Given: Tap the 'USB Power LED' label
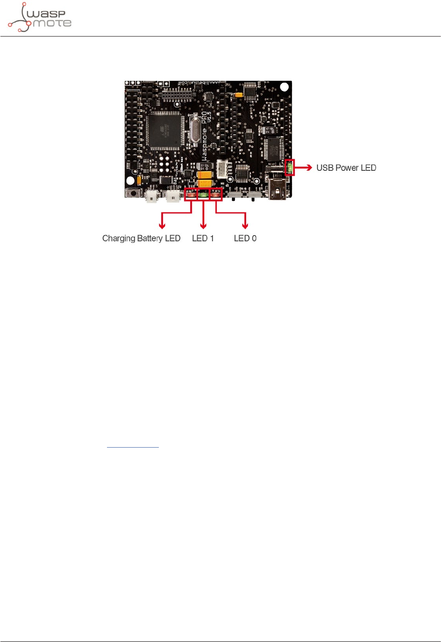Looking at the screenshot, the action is pyautogui.click(x=346, y=168).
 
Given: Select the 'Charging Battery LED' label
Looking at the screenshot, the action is pyautogui.click(x=141, y=239).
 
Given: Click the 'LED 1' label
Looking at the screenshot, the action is pyautogui.click(x=203, y=239).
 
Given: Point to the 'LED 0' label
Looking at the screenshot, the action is pyautogui.click(x=245, y=239).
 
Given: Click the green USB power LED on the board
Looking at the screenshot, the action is pyautogui.click(x=290, y=167).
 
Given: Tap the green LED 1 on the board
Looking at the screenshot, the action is pyautogui.click(x=203, y=195).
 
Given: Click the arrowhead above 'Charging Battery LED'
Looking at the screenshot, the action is pyautogui.click(x=162, y=226).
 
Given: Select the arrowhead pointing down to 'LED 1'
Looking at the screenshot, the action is pyautogui.click(x=203, y=226).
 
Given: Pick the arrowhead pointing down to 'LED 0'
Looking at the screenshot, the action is pyautogui.click(x=245, y=226).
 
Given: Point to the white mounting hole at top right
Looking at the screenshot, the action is pyautogui.click(x=284, y=87).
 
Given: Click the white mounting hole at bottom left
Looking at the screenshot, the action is pyautogui.click(x=130, y=181).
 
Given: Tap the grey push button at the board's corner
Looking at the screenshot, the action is pyautogui.click(x=133, y=193).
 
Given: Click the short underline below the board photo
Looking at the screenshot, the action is pyautogui.click(x=133, y=447).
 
